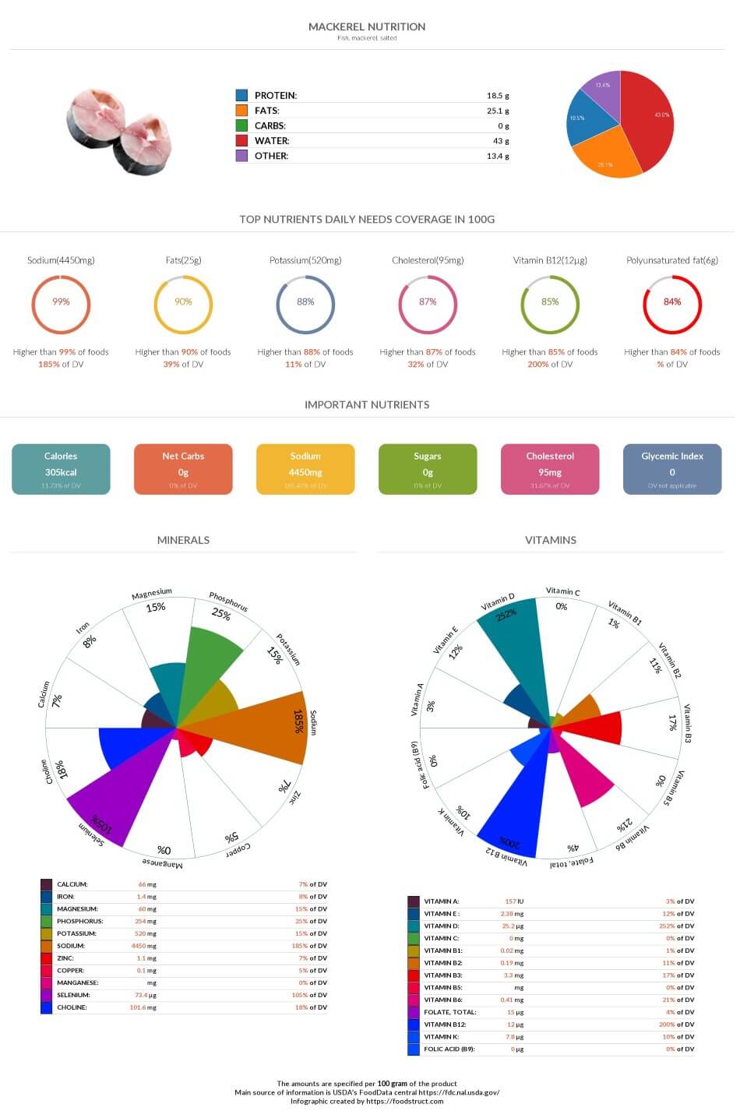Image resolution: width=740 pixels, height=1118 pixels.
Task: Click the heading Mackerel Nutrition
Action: [x=367, y=26]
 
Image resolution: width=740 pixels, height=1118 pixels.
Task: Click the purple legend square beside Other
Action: [x=241, y=156]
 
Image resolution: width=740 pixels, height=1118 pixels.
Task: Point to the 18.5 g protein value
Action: [x=498, y=96]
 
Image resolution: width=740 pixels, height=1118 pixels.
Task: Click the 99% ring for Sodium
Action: [x=61, y=302]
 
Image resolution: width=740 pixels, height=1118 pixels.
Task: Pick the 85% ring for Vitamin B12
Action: [x=550, y=302]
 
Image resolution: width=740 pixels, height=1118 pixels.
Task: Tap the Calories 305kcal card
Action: [x=61, y=469]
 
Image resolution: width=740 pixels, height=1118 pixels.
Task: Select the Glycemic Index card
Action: [x=672, y=469]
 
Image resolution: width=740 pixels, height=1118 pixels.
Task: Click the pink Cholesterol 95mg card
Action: [x=550, y=469]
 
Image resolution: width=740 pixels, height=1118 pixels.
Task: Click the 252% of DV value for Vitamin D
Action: [x=677, y=926]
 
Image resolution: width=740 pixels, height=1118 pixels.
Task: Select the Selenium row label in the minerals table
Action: [x=73, y=995]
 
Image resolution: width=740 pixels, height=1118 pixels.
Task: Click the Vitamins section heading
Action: [x=551, y=540]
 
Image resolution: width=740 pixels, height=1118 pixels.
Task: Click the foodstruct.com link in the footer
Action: [x=404, y=1101]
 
